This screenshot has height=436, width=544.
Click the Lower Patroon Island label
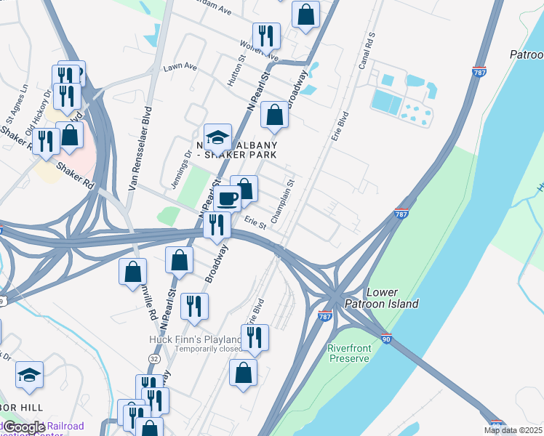[x=393, y=298]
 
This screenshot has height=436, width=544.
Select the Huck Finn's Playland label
[x=195, y=339]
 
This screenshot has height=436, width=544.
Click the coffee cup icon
[x=227, y=198]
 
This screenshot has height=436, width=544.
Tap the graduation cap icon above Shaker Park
[x=217, y=136]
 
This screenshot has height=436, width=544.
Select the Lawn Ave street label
[x=180, y=67]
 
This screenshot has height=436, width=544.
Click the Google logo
[x=24, y=427]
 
